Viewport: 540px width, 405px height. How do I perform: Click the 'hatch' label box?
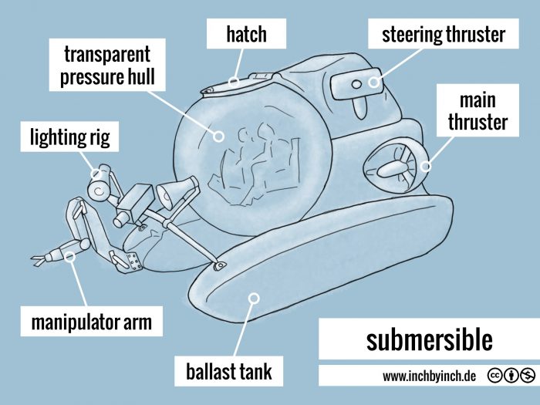click(247, 34)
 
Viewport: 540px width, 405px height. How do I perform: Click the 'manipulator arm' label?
click(86, 321)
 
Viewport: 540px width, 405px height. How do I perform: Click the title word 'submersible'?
click(428, 339)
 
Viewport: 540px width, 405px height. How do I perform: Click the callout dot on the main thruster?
click(426, 164)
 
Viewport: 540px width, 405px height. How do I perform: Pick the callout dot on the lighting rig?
click(97, 171)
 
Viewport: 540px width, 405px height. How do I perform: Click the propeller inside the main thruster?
click(392, 165)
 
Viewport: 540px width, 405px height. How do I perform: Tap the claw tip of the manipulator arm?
click(35, 261)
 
